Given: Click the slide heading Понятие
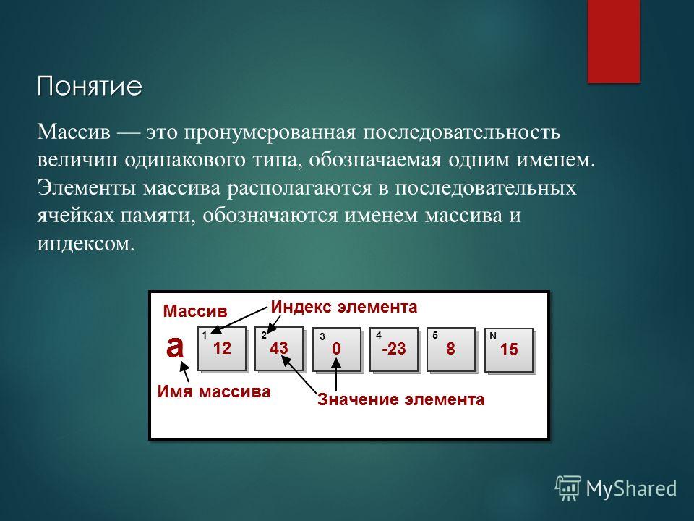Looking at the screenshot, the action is coord(90,86).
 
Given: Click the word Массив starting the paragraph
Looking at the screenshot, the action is coord(74,132).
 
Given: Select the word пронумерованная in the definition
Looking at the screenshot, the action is coord(270,132).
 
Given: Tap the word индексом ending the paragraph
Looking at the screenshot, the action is coord(86,244).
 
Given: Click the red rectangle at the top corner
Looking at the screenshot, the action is coord(614,41).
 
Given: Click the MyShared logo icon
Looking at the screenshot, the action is coord(568,488).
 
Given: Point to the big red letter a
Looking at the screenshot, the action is coord(175,347).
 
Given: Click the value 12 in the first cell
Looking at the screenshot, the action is coord(222,348).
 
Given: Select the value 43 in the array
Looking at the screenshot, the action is coord(279,348).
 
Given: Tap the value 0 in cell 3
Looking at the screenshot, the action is coord(336,349).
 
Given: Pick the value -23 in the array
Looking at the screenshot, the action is coord(394,349).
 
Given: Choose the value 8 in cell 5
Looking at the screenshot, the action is coord(450,349).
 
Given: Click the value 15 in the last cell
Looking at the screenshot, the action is coord(509,350).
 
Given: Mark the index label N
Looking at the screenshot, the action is coord(492,336).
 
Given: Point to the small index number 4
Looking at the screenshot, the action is coord(379,335).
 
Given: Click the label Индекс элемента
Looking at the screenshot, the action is coord(344,307).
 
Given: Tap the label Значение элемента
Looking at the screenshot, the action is coord(401,399).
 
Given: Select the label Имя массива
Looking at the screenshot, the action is coord(214,391).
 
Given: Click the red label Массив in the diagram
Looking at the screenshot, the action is coord(195,311).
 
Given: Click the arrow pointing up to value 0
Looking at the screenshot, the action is coord(336,374).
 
